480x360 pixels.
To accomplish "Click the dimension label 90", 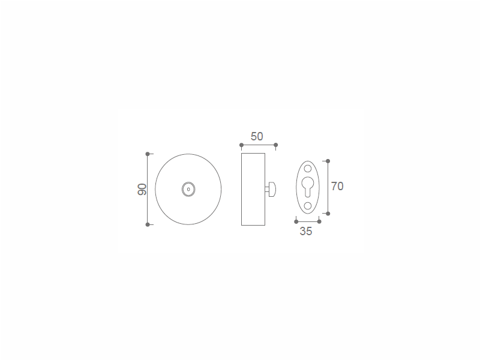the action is click(x=142, y=190).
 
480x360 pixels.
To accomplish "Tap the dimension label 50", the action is click(x=257, y=137).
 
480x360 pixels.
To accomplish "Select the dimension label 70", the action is click(x=337, y=187).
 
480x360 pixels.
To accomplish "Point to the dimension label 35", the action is click(x=306, y=232).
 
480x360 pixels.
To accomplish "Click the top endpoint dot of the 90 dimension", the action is click(x=148, y=154).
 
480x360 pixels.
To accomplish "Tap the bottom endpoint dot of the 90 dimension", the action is click(x=148, y=224).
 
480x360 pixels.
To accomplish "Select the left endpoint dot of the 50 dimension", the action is click(x=242, y=145).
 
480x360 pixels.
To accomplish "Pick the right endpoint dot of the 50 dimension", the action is click(x=276, y=145).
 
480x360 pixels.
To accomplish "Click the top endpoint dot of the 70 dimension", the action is click(x=328, y=161).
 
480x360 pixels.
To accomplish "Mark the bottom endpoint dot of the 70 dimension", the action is click(x=328, y=214).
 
